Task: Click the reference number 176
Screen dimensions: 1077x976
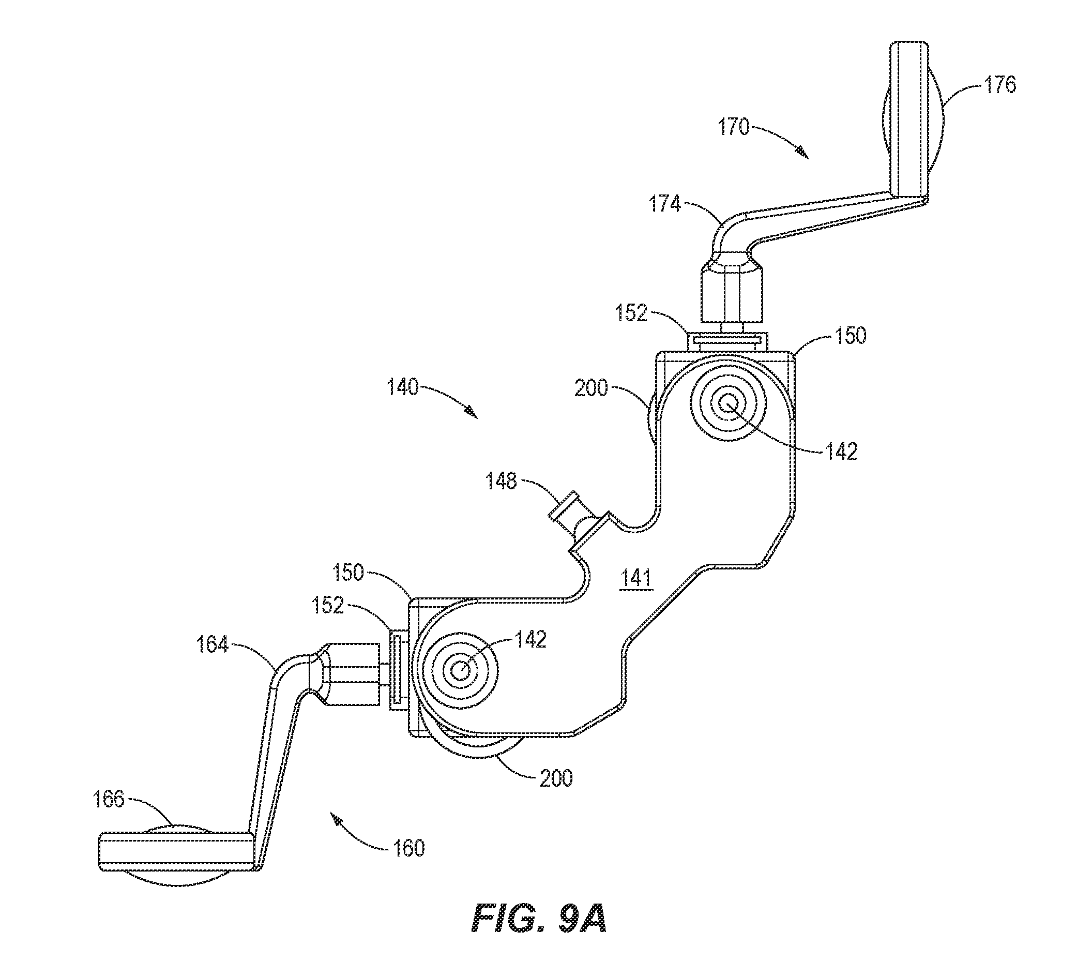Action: tap(999, 84)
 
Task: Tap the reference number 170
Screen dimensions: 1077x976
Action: tap(734, 128)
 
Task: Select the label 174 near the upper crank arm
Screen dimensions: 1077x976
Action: tap(664, 204)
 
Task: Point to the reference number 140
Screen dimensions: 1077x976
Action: tap(402, 387)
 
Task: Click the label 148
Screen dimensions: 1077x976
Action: tap(502, 482)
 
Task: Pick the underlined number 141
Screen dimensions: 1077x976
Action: tap(636, 579)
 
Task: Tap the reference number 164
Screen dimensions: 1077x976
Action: tap(212, 644)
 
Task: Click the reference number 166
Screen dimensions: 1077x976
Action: tap(109, 800)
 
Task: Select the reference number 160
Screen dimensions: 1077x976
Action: tap(408, 848)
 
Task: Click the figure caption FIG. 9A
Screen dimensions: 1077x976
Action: tap(539, 919)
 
